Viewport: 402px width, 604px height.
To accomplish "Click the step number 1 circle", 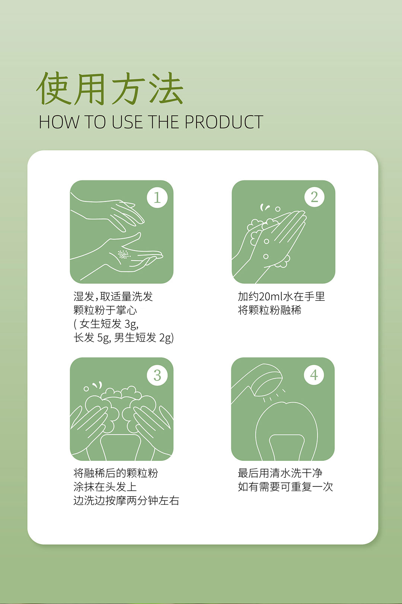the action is point(157,198).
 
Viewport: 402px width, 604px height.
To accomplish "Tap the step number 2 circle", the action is point(314,197).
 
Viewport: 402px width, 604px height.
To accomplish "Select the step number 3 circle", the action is point(157,375).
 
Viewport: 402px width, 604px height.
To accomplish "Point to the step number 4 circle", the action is point(314,375).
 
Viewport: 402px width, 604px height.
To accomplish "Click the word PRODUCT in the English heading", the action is point(224,122).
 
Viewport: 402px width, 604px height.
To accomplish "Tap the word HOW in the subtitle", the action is point(59,122).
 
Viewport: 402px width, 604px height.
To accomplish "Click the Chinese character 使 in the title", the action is point(54,88).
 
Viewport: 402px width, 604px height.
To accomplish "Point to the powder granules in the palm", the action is point(124,254).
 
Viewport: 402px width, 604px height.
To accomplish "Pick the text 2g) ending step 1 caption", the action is point(166,338).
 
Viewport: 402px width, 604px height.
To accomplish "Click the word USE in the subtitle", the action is point(127,122).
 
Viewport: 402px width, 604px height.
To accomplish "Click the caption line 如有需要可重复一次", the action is point(285,487).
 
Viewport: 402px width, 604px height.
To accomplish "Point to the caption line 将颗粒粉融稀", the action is point(269,310).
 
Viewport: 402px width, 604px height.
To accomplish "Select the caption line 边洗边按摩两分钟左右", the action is point(126,501).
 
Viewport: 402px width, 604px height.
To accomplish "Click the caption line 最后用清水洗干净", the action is point(280,473).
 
